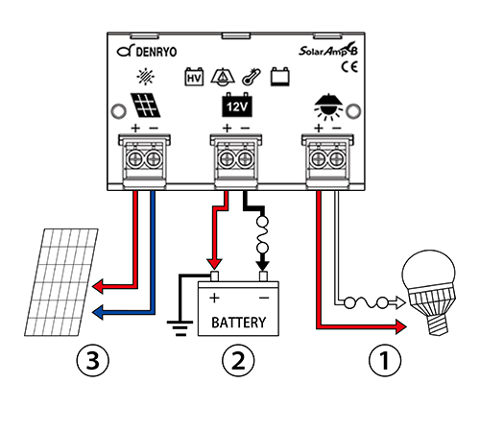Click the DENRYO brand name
pos(156,52)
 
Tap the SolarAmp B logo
pos(328,50)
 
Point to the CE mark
pos(349,67)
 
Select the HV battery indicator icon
pos(194,77)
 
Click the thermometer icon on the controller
pos(252,77)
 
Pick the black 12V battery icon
pos(237,105)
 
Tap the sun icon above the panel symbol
pos(146,77)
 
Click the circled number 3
pos(93,360)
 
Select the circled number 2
pos(238,360)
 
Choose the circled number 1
pos(385,360)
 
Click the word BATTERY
pos(239,323)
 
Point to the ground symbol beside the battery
pos(180,328)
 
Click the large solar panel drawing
pos(61,282)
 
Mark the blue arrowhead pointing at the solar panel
pos(97,312)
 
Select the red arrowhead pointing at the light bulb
pos(401,326)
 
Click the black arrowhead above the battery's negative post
pos(263,264)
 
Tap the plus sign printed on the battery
pos(215,298)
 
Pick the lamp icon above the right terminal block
pos(328,107)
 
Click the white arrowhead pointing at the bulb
pos(400,302)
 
